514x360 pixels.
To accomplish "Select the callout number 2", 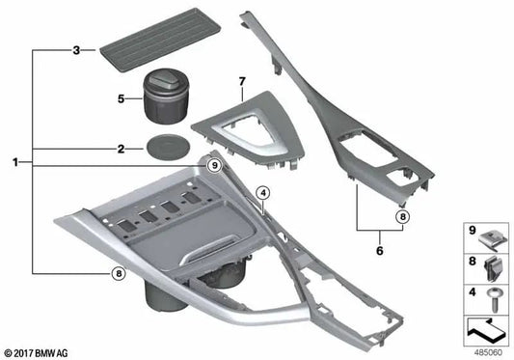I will pyautogui.click(x=121, y=150).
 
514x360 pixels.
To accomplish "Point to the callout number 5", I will pyautogui.click(x=121, y=97).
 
